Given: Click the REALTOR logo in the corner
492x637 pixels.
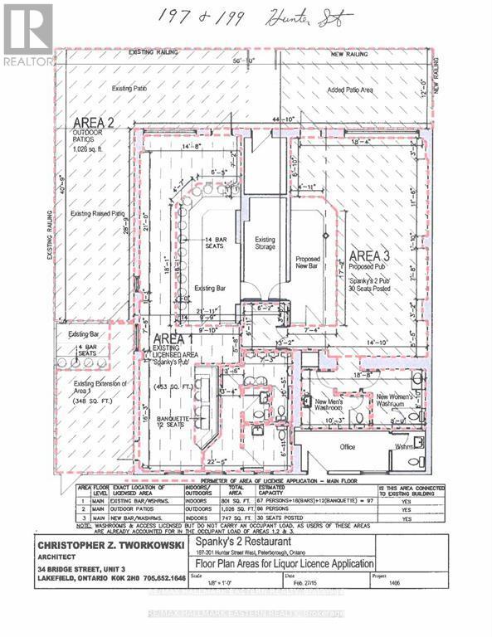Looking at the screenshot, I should pos(27,35).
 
